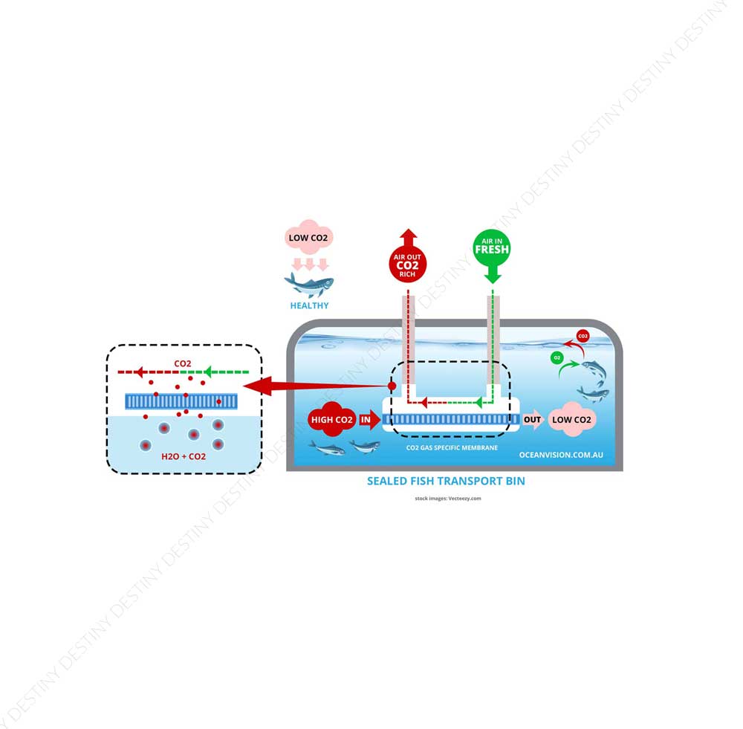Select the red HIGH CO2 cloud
[332, 420]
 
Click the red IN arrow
[367, 420]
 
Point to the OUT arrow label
[533, 420]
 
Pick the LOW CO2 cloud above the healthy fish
[309, 239]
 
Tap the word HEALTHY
[309, 305]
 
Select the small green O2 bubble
[557, 357]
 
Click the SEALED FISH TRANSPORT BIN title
[446, 481]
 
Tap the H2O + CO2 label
[184, 456]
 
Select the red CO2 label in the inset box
[183, 363]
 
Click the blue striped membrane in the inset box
[182, 401]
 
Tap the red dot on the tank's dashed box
[392, 387]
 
